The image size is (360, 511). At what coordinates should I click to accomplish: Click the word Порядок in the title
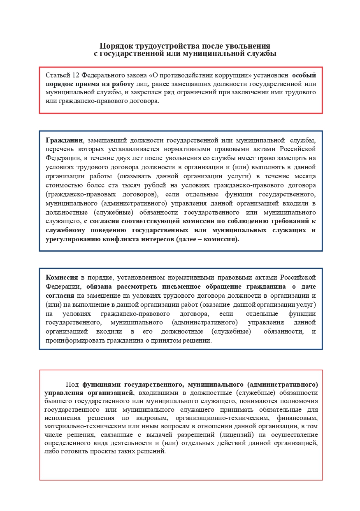pyautogui.click(x=115, y=46)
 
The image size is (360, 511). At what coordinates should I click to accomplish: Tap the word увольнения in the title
pyautogui.click(x=250, y=46)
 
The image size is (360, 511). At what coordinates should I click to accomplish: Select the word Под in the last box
pyautogui.click(x=72, y=385)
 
